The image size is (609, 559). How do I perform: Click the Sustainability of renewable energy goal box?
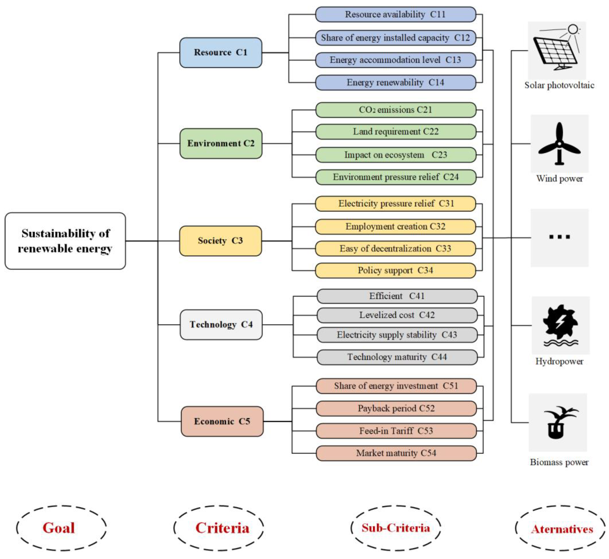tap(65, 241)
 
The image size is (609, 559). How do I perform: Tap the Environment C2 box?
tap(221, 143)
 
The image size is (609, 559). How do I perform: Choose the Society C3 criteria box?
tap(221, 241)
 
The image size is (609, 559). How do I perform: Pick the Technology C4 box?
tap(221, 324)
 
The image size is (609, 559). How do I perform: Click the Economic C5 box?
tap(222, 421)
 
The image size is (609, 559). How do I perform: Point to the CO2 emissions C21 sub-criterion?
tap(396, 110)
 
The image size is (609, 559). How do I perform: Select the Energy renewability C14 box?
tap(396, 83)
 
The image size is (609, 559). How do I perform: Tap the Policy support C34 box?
tap(395, 271)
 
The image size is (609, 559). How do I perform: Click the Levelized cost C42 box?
tap(397, 315)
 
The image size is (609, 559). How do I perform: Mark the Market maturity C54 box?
tap(396, 453)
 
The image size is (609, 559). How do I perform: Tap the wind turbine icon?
tap(559, 144)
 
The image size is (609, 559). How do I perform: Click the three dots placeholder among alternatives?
tap(559, 237)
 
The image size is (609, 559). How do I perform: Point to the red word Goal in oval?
tap(59, 528)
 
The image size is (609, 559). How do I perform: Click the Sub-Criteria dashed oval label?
tap(396, 528)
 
